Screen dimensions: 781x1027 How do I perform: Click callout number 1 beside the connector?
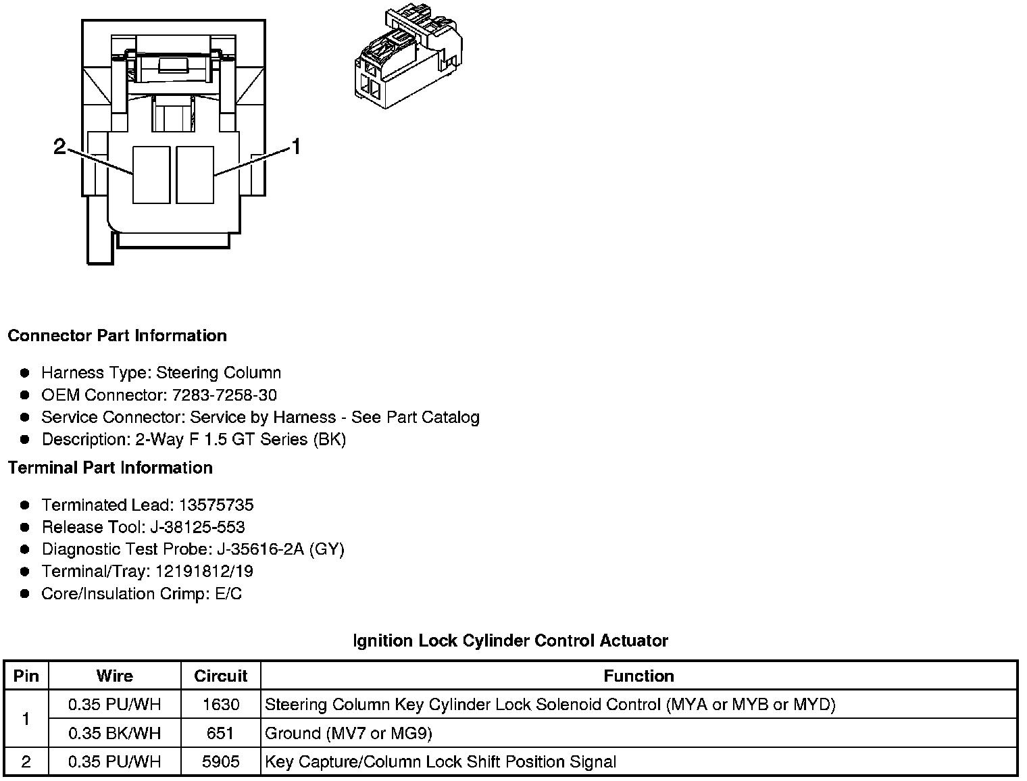295,147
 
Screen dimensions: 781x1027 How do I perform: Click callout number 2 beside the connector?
60,147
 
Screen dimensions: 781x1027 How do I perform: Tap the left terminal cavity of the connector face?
151,175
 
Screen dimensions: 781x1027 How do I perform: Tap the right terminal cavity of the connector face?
195,175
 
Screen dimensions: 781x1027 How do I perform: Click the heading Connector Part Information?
117,336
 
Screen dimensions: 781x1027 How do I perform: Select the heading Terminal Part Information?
110,468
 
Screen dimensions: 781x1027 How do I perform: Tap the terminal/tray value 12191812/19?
204,572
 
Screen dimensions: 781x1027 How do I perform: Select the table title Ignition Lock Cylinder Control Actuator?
510,640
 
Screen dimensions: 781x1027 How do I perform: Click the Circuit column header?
220,676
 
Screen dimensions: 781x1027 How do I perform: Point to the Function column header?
638,676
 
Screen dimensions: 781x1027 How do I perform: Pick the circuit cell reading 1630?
220,705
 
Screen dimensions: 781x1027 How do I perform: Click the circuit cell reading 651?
220,733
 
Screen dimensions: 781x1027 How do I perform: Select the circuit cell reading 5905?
220,762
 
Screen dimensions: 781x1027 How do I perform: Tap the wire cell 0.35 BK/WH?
115,733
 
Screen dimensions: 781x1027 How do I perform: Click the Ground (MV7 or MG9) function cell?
349,733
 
